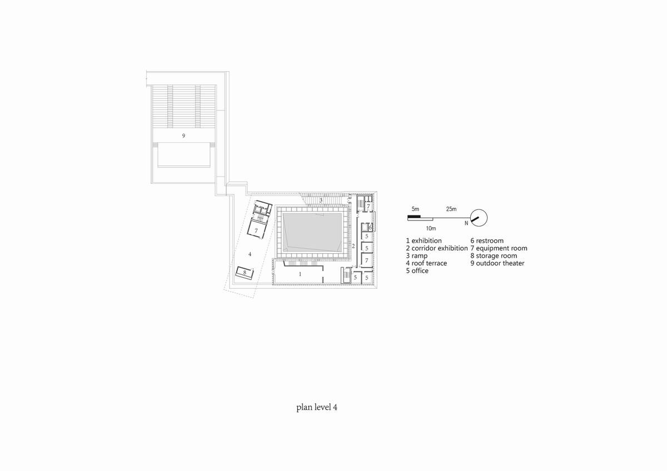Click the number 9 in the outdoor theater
(x=183, y=136)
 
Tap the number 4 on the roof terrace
(x=250, y=254)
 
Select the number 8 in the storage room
(x=245, y=272)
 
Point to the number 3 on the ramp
(x=321, y=201)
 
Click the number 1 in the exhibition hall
(x=300, y=274)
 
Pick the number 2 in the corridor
(x=354, y=246)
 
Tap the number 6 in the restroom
(x=370, y=228)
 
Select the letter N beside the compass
(x=466, y=223)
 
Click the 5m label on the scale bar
(x=415, y=209)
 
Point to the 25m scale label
(x=451, y=209)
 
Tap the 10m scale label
(x=431, y=228)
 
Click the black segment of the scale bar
(x=414, y=216)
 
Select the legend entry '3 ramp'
(x=416, y=255)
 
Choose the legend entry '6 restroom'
(x=487, y=240)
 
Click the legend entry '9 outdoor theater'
(x=497, y=263)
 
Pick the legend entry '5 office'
(x=417, y=270)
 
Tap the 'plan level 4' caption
(x=317, y=407)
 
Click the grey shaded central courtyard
(x=312, y=232)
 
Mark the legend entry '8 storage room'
(x=494, y=255)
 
